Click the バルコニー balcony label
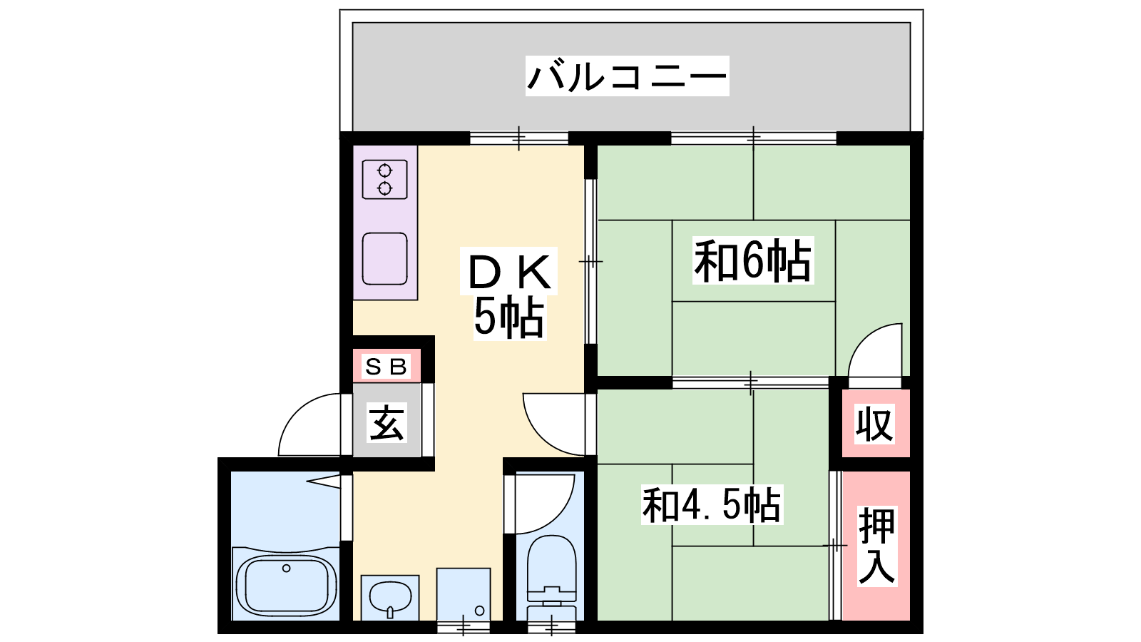point(627,76)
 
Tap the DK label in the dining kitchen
point(509,272)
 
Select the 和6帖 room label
point(753,261)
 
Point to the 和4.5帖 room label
point(712,505)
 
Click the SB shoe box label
point(386,367)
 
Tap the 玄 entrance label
point(387,422)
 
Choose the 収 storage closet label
point(874,424)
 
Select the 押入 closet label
point(876,545)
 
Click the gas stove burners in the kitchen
point(384,179)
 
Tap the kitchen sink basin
point(384,259)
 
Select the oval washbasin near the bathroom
point(389,598)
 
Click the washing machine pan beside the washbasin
point(464,594)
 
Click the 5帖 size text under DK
point(509,318)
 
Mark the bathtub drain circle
point(286,568)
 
